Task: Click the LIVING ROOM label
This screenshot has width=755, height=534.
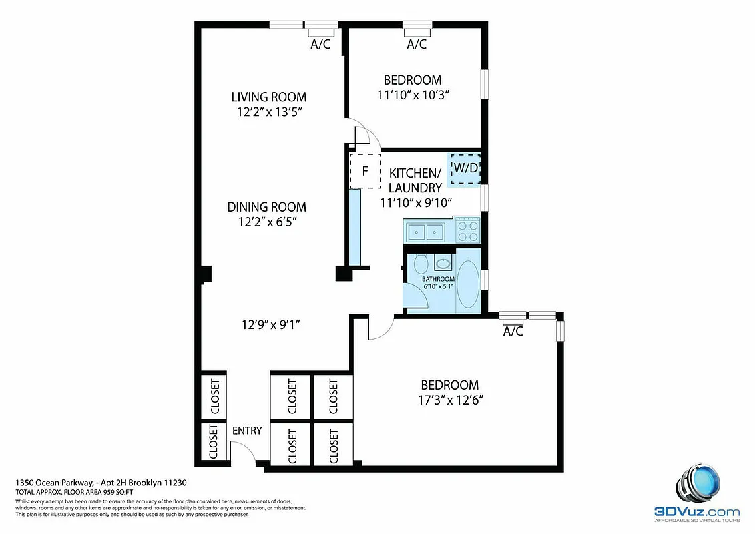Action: pos(268,97)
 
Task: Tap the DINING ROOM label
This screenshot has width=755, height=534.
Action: pos(266,207)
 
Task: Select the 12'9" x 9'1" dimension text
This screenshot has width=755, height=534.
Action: pos(270,325)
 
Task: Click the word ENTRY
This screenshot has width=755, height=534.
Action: pos(246,431)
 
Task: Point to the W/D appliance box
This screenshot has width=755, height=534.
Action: pos(465,168)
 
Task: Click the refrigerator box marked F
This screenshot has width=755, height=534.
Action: pos(365,170)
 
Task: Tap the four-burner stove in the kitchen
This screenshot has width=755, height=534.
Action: pos(467,231)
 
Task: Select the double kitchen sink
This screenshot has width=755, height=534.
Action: pos(428,232)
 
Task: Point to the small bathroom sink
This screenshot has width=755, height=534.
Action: pos(443,262)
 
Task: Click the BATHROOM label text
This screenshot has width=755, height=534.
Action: pos(437,279)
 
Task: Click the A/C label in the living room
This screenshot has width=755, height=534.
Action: pos(321,45)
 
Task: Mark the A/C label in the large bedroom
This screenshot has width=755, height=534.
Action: pos(512,331)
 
